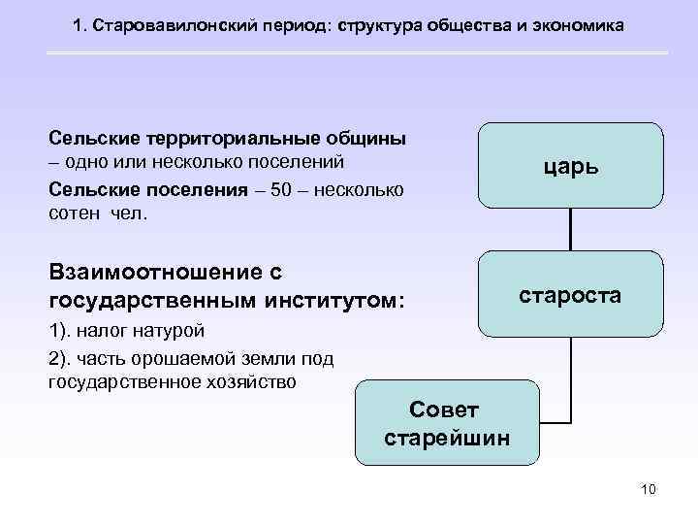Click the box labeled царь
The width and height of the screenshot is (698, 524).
coord(570,166)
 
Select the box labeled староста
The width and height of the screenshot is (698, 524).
coord(570,295)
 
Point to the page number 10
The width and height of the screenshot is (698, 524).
coord(649,489)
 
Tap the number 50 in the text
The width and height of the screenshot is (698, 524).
coord(281,187)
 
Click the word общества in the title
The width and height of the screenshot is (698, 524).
coord(470,23)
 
